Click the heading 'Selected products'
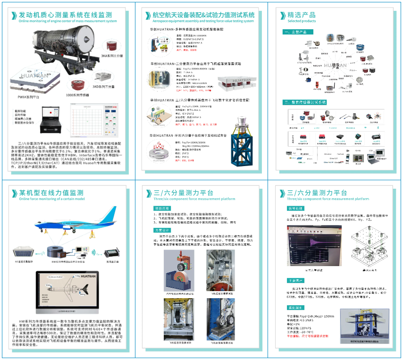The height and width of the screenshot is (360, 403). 302,21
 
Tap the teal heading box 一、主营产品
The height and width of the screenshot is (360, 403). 297,32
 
